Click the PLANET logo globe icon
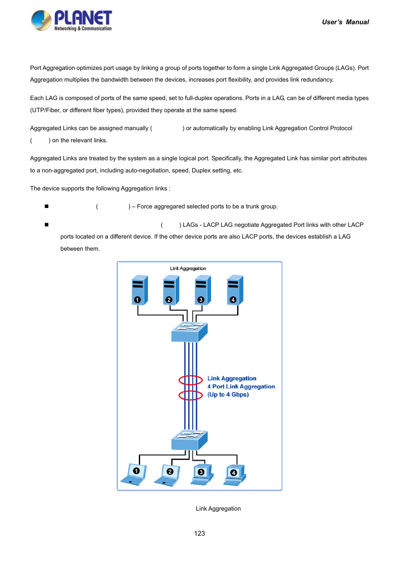point(41,21)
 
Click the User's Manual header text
point(345,22)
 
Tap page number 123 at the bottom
point(199,534)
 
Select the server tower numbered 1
point(139,290)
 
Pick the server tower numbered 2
point(171,290)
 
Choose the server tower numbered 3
point(203,290)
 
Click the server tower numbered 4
point(235,290)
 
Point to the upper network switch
point(189,332)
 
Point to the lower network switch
point(189,440)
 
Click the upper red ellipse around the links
point(191,380)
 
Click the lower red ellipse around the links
point(191,395)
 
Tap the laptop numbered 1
point(134,475)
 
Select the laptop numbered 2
point(168,475)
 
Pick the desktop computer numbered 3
point(202,475)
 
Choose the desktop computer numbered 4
point(235,475)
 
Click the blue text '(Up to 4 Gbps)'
point(228,395)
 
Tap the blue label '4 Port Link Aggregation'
point(241,387)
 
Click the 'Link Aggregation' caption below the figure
point(218,509)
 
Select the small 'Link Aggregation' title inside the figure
point(188,269)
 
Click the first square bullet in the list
point(46,206)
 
